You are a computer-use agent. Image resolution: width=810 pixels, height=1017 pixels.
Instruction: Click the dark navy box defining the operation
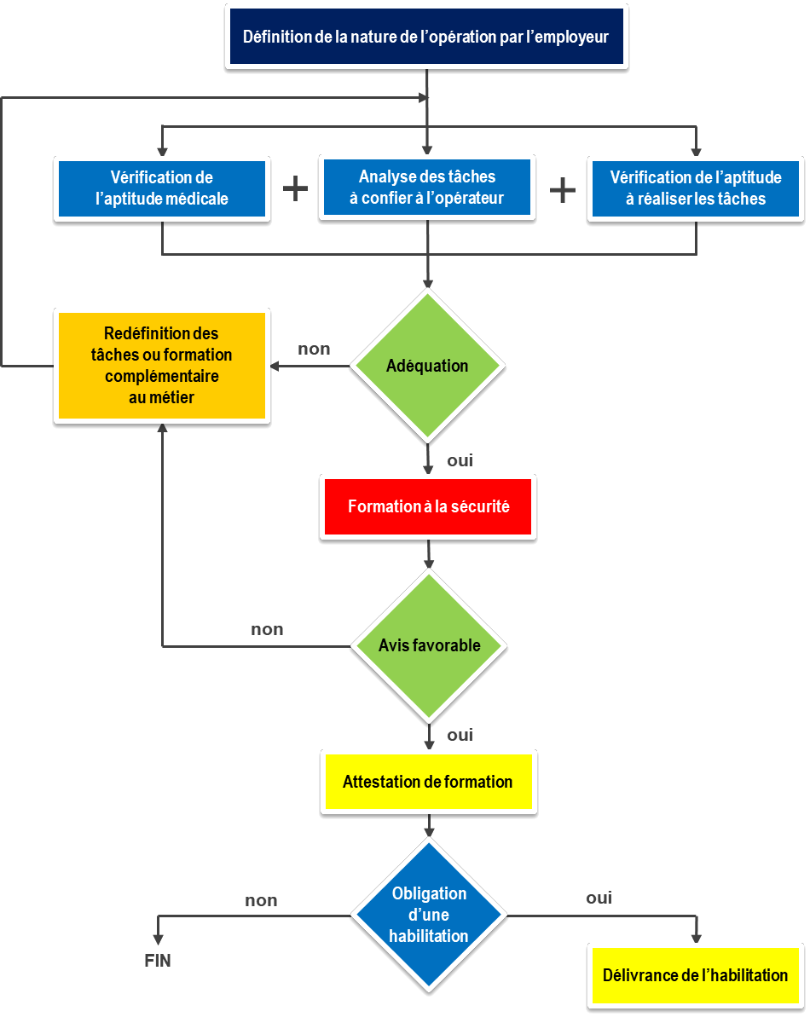coord(426,38)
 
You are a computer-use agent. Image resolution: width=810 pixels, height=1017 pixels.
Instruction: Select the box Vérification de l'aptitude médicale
coord(162,188)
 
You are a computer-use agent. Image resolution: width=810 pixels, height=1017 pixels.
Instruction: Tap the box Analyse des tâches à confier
coord(427,188)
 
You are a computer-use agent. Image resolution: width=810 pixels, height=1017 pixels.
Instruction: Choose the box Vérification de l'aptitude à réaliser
coord(696,188)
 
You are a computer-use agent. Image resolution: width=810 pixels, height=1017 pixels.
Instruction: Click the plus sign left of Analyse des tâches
coord(295,189)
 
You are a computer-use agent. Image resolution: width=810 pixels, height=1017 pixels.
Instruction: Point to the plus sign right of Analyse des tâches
coord(563,189)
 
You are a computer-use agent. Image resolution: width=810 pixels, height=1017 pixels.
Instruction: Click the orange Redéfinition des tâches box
coord(162,366)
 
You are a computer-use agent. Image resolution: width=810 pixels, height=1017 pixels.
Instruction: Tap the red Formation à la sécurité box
coord(428,506)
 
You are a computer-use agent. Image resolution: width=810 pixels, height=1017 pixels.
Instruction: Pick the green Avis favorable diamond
coord(429,645)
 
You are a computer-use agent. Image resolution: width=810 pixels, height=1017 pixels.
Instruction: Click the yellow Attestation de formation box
coord(428,782)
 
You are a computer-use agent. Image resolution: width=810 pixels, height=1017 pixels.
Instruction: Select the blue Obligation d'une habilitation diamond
coord(429,916)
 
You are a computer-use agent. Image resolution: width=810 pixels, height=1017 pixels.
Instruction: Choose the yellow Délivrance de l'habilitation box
coord(696,975)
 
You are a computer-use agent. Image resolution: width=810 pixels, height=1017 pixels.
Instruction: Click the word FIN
coord(158,961)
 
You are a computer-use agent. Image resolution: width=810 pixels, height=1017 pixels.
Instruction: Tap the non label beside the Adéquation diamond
coord(314,349)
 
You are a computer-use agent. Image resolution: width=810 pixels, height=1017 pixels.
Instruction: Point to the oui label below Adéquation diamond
coord(460,461)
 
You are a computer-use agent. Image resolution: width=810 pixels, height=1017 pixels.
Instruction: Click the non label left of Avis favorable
coord(267,630)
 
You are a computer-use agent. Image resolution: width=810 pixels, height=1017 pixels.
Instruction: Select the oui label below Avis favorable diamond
coord(460,735)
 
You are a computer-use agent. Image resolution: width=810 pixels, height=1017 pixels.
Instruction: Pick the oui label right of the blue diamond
coord(599,898)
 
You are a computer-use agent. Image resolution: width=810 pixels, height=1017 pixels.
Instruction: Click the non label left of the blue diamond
coord(261,900)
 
